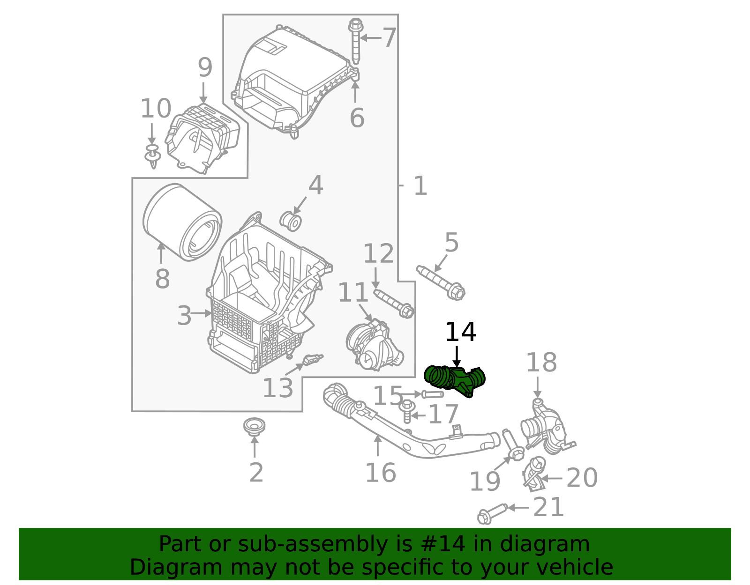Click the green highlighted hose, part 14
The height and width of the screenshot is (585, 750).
(454, 380)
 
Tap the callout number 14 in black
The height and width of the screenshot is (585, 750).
(460, 332)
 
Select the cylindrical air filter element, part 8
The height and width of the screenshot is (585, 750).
(182, 222)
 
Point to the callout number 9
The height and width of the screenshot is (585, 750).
(205, 68)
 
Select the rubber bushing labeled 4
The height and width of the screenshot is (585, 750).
(291, 221)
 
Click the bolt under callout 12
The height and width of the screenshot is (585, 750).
(394, 303)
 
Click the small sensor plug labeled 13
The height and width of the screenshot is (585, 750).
(311, 360)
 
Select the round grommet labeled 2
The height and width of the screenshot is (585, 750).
(255, 427)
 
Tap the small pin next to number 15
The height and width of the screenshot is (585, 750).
(433, 394)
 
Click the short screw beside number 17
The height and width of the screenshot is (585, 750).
(407, 411)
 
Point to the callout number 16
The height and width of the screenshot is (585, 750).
(380, 472)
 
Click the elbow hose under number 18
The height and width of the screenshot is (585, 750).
(547, 428)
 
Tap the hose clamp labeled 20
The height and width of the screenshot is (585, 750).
(533, 474)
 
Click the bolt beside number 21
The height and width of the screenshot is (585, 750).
(492, 512)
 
